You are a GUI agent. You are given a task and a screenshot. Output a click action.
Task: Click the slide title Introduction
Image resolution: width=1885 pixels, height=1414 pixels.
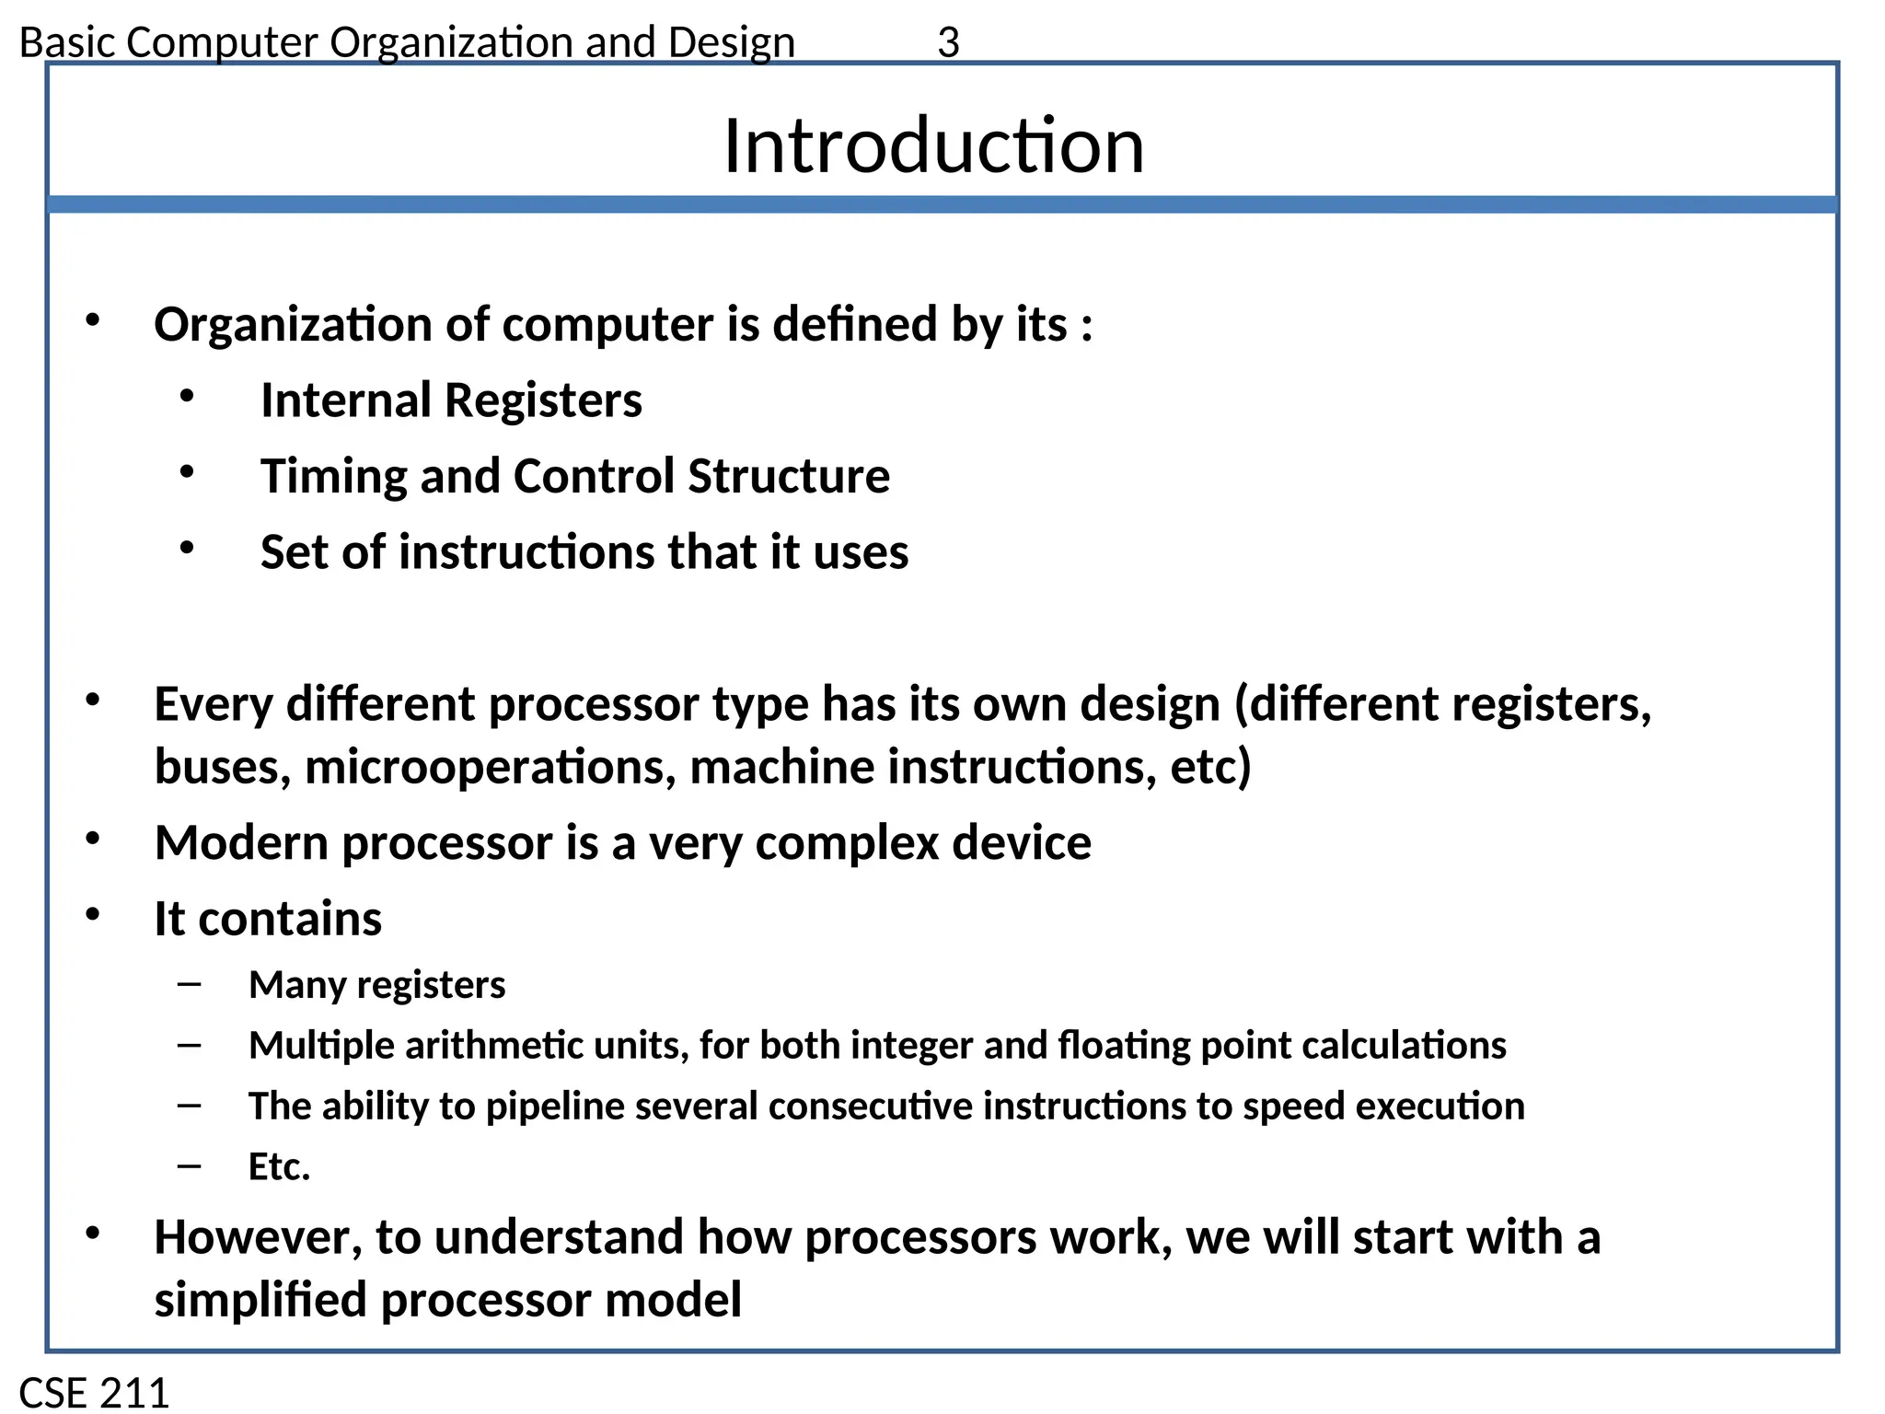click(x=933, y=146)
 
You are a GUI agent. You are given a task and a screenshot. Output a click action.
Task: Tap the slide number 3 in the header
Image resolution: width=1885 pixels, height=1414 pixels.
click(x=948, y=42)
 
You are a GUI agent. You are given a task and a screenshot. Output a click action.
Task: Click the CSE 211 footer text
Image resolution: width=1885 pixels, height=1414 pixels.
click(x=94, y=1392)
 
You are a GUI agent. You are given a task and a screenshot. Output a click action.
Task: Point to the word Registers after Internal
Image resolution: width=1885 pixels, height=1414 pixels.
click(x=543, y=400)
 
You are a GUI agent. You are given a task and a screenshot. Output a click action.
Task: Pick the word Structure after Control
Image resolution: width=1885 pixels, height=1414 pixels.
click(x=789, y=477)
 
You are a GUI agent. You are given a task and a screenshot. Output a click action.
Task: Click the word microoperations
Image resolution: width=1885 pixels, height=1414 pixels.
click(x=491, y=768)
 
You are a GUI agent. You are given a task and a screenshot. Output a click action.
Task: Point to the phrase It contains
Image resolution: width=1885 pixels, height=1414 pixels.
click(x=268, y=919)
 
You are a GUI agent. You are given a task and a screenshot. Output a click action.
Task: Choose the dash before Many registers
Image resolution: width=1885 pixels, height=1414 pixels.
click(x=190, y=984)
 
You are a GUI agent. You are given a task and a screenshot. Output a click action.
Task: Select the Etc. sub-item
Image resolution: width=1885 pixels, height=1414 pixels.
click(x=279, y=1166)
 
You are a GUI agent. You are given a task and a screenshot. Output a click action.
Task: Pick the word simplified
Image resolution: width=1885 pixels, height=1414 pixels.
click(x=260, y=1300)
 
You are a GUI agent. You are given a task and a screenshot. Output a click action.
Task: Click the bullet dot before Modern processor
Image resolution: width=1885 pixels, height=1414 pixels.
click(x=93, y=839)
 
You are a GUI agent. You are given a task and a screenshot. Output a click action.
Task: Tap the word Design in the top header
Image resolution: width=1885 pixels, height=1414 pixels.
click(x=731, y=42)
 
